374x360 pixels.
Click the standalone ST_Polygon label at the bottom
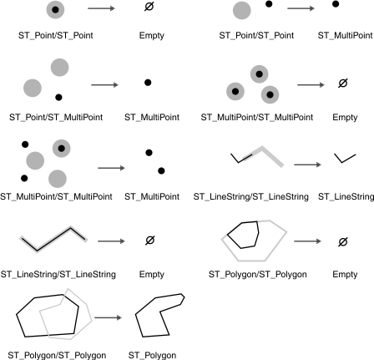[x=153, y=355]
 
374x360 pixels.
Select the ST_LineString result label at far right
[x=346, y=196]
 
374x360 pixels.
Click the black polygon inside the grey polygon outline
[x=247, y=235]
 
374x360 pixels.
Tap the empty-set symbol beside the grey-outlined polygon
[x=341, y=241]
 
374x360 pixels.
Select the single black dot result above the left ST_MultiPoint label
[x=147, y=82]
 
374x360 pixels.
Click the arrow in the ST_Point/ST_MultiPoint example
[x=104, y=84]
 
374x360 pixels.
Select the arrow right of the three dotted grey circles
[x=311, y=84]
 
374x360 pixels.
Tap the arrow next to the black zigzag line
[x=110, y=241]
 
